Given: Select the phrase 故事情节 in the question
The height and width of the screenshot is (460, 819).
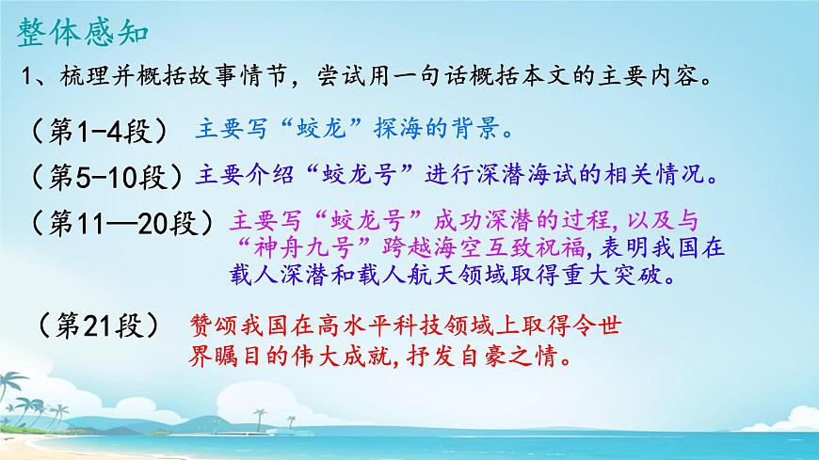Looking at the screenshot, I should click(221, 76).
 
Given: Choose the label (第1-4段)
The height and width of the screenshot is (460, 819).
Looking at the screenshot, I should click(99, 130).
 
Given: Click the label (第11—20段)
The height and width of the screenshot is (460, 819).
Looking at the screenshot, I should click(121, 222).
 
